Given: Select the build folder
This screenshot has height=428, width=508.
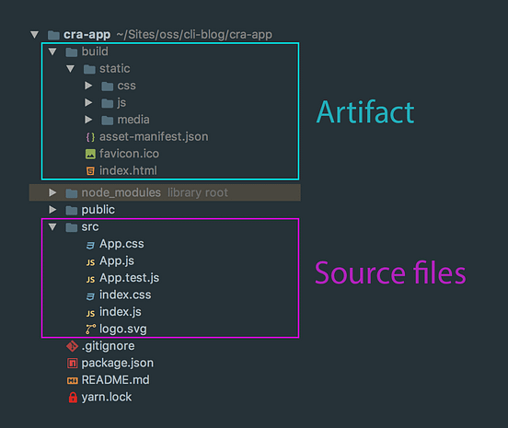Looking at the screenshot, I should [x=94, y=52].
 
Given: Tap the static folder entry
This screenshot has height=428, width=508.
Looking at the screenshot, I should [x=114, y=68].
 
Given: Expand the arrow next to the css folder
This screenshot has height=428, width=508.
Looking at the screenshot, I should [x=88, y=86].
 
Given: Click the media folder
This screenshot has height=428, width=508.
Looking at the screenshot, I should [x=133, y=120].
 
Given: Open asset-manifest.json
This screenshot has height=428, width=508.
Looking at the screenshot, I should [x=153, y=136].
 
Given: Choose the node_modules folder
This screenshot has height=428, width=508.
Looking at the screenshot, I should [x=121, y=192].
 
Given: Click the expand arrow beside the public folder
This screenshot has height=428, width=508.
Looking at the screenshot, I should [x=52, y=210].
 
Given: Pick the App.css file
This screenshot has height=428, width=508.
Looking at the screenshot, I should [x=121, y=244].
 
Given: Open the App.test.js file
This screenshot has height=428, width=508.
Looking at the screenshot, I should [x=129, y=278].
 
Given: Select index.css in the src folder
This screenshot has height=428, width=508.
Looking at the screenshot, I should [x=125, y=295].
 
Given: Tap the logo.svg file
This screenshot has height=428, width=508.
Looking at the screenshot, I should [x=122, y=329].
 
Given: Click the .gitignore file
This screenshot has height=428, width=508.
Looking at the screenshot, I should [x=108, y=346].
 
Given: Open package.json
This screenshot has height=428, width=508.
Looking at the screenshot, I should [x=116, y=363].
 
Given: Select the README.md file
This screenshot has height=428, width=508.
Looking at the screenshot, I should [x=115, y=380].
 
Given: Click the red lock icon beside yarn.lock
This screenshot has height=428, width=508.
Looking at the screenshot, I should [x=73, y=398].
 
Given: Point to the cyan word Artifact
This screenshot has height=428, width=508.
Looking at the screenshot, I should [x=365, y=112].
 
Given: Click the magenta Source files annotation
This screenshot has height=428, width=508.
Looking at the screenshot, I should [x=390, y=273].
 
